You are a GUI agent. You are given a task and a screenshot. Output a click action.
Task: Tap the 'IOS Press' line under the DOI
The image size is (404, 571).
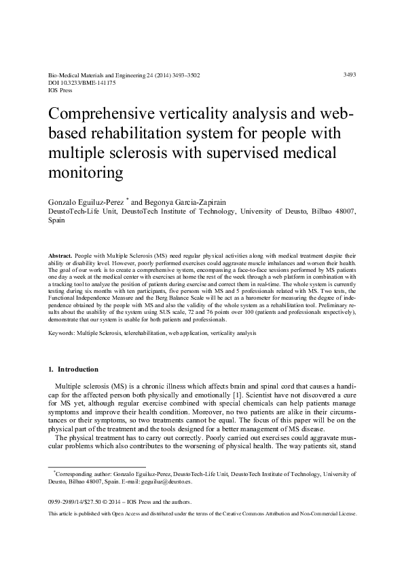coord(60,90)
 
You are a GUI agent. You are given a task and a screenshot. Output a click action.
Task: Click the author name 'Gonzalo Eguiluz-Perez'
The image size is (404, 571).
coord(88,202)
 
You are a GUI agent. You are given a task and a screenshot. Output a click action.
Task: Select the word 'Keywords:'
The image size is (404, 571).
coord(62,334)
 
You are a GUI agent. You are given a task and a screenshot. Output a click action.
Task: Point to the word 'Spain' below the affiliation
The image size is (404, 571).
coord(56,220)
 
